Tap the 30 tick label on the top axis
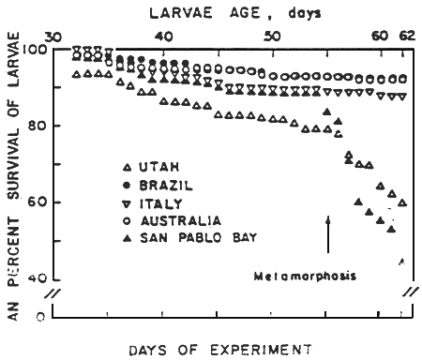pyautogui.click(x=53, y=35)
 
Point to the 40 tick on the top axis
pyautogui.click(x=163, y=35)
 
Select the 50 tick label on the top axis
pyautogui.click(x=272, y=35)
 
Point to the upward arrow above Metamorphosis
pyautogui.click(x=328, y=233)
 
